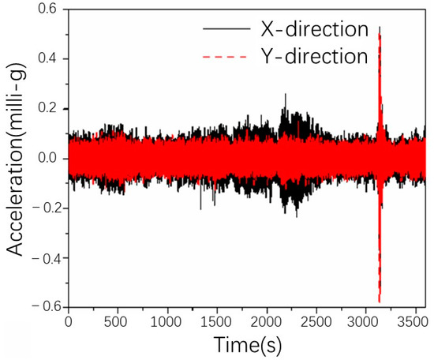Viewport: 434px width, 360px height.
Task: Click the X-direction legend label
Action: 312,30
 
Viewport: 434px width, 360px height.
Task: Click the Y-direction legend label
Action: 312,57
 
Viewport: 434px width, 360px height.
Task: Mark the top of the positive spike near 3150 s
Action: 380,28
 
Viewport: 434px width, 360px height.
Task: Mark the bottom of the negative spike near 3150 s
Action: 380,302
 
